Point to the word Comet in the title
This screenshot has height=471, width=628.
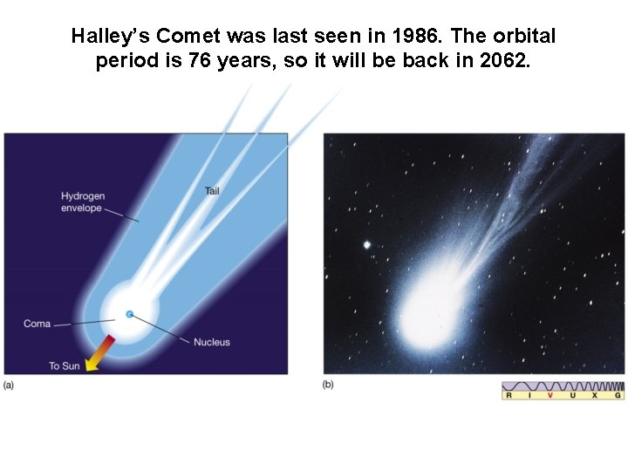click(185, 37)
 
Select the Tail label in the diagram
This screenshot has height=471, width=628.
click(212, 190)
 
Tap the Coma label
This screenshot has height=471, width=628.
click(38, 324)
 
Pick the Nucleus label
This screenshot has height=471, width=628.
click(212, 342)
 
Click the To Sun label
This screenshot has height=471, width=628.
click(64, 365)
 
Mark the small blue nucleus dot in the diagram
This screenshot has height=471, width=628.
click(129, 314)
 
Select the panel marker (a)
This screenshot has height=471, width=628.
click(9, 384)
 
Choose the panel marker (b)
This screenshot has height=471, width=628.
click(328, 384)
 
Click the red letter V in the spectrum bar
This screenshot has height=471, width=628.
click(550, 395)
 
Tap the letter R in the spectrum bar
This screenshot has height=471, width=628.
click(509, 395)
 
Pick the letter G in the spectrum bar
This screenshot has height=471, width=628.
click(618, 395)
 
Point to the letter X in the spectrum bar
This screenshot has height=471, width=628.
click(595, 395)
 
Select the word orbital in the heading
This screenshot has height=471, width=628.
click(521, 37)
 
